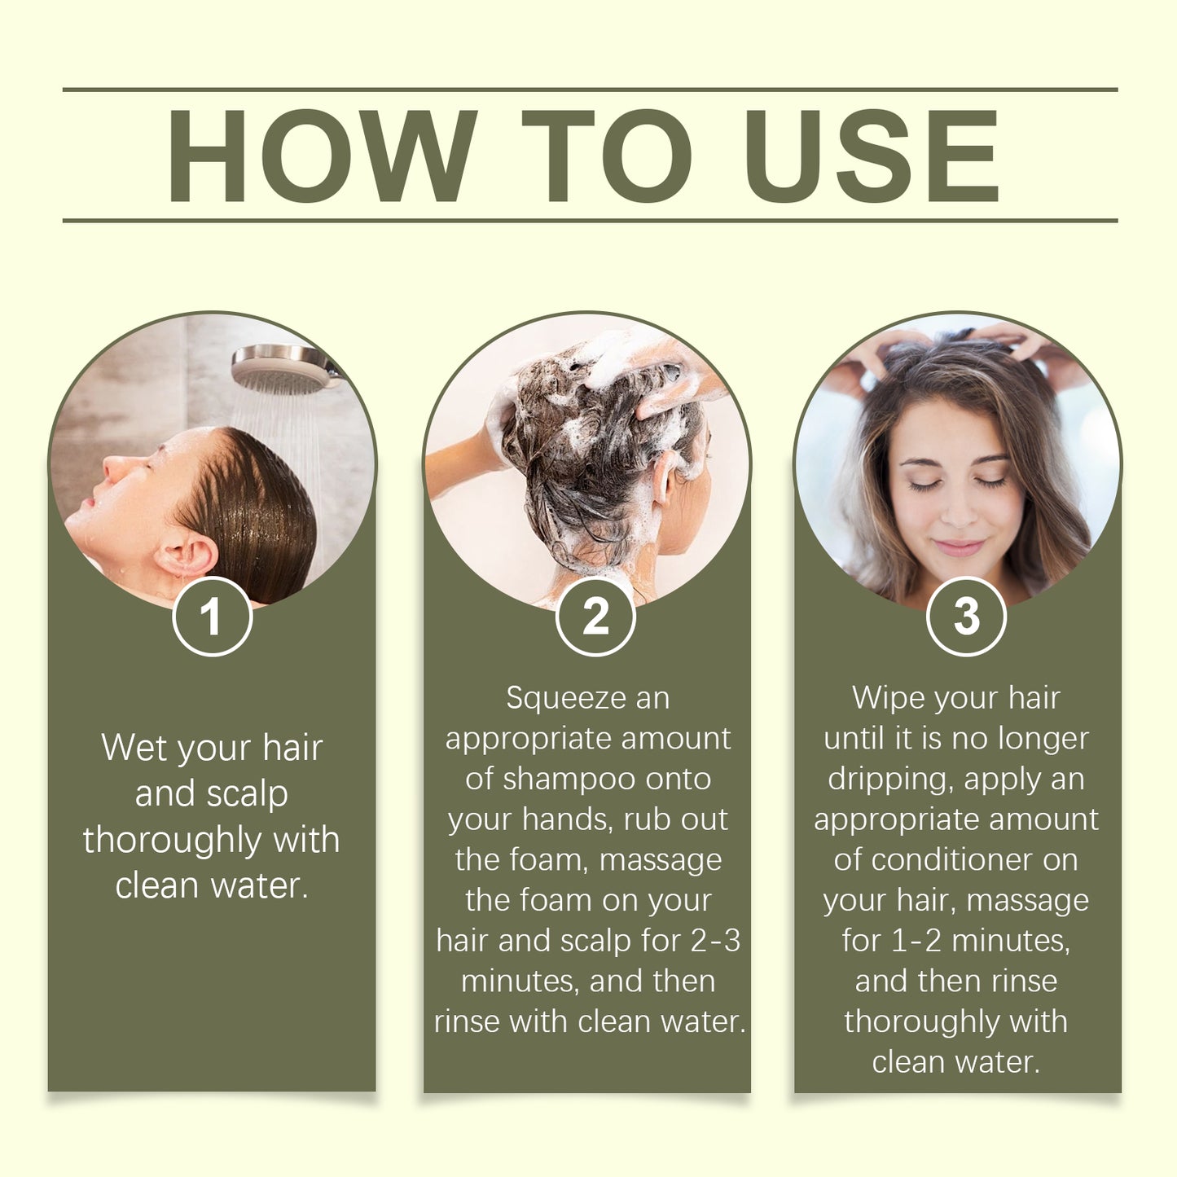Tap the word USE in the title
(x=871, y=155)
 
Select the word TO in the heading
(x=607, y=155)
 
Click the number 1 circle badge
(x=212, y=617)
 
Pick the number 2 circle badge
(x=595, y=617)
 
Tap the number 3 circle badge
(x=966, y=617)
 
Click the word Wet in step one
(x=134, y=748)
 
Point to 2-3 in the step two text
(x=715, y=941)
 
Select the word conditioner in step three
(x=966, y=860)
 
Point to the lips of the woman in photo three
(x=958, y=547)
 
